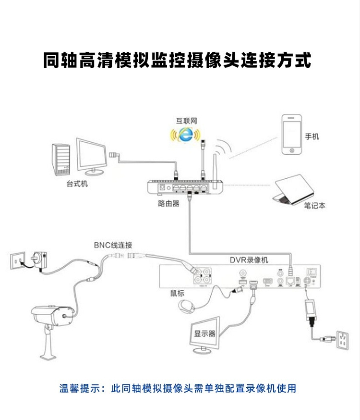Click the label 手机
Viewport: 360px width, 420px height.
coord(312,136)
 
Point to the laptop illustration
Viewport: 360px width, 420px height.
coord(293,189)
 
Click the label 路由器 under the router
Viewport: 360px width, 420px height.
coord(168,203)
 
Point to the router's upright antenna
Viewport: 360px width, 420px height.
coord(215,166)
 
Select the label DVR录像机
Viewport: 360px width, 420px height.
coord(249,260)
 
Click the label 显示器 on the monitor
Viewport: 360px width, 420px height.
coord(205,334)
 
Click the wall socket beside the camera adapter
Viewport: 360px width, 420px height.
coord(18,261)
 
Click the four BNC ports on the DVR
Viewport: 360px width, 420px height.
coord(202,275)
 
